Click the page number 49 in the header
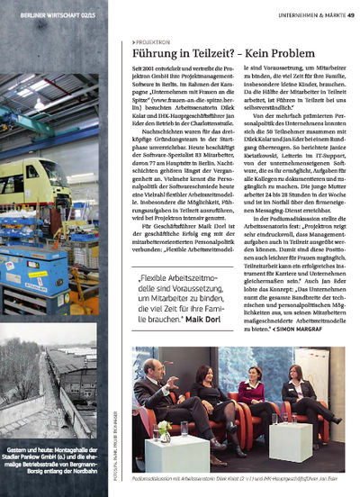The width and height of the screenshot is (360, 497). [349, 15]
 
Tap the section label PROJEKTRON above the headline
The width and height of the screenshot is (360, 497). [154, 41]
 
